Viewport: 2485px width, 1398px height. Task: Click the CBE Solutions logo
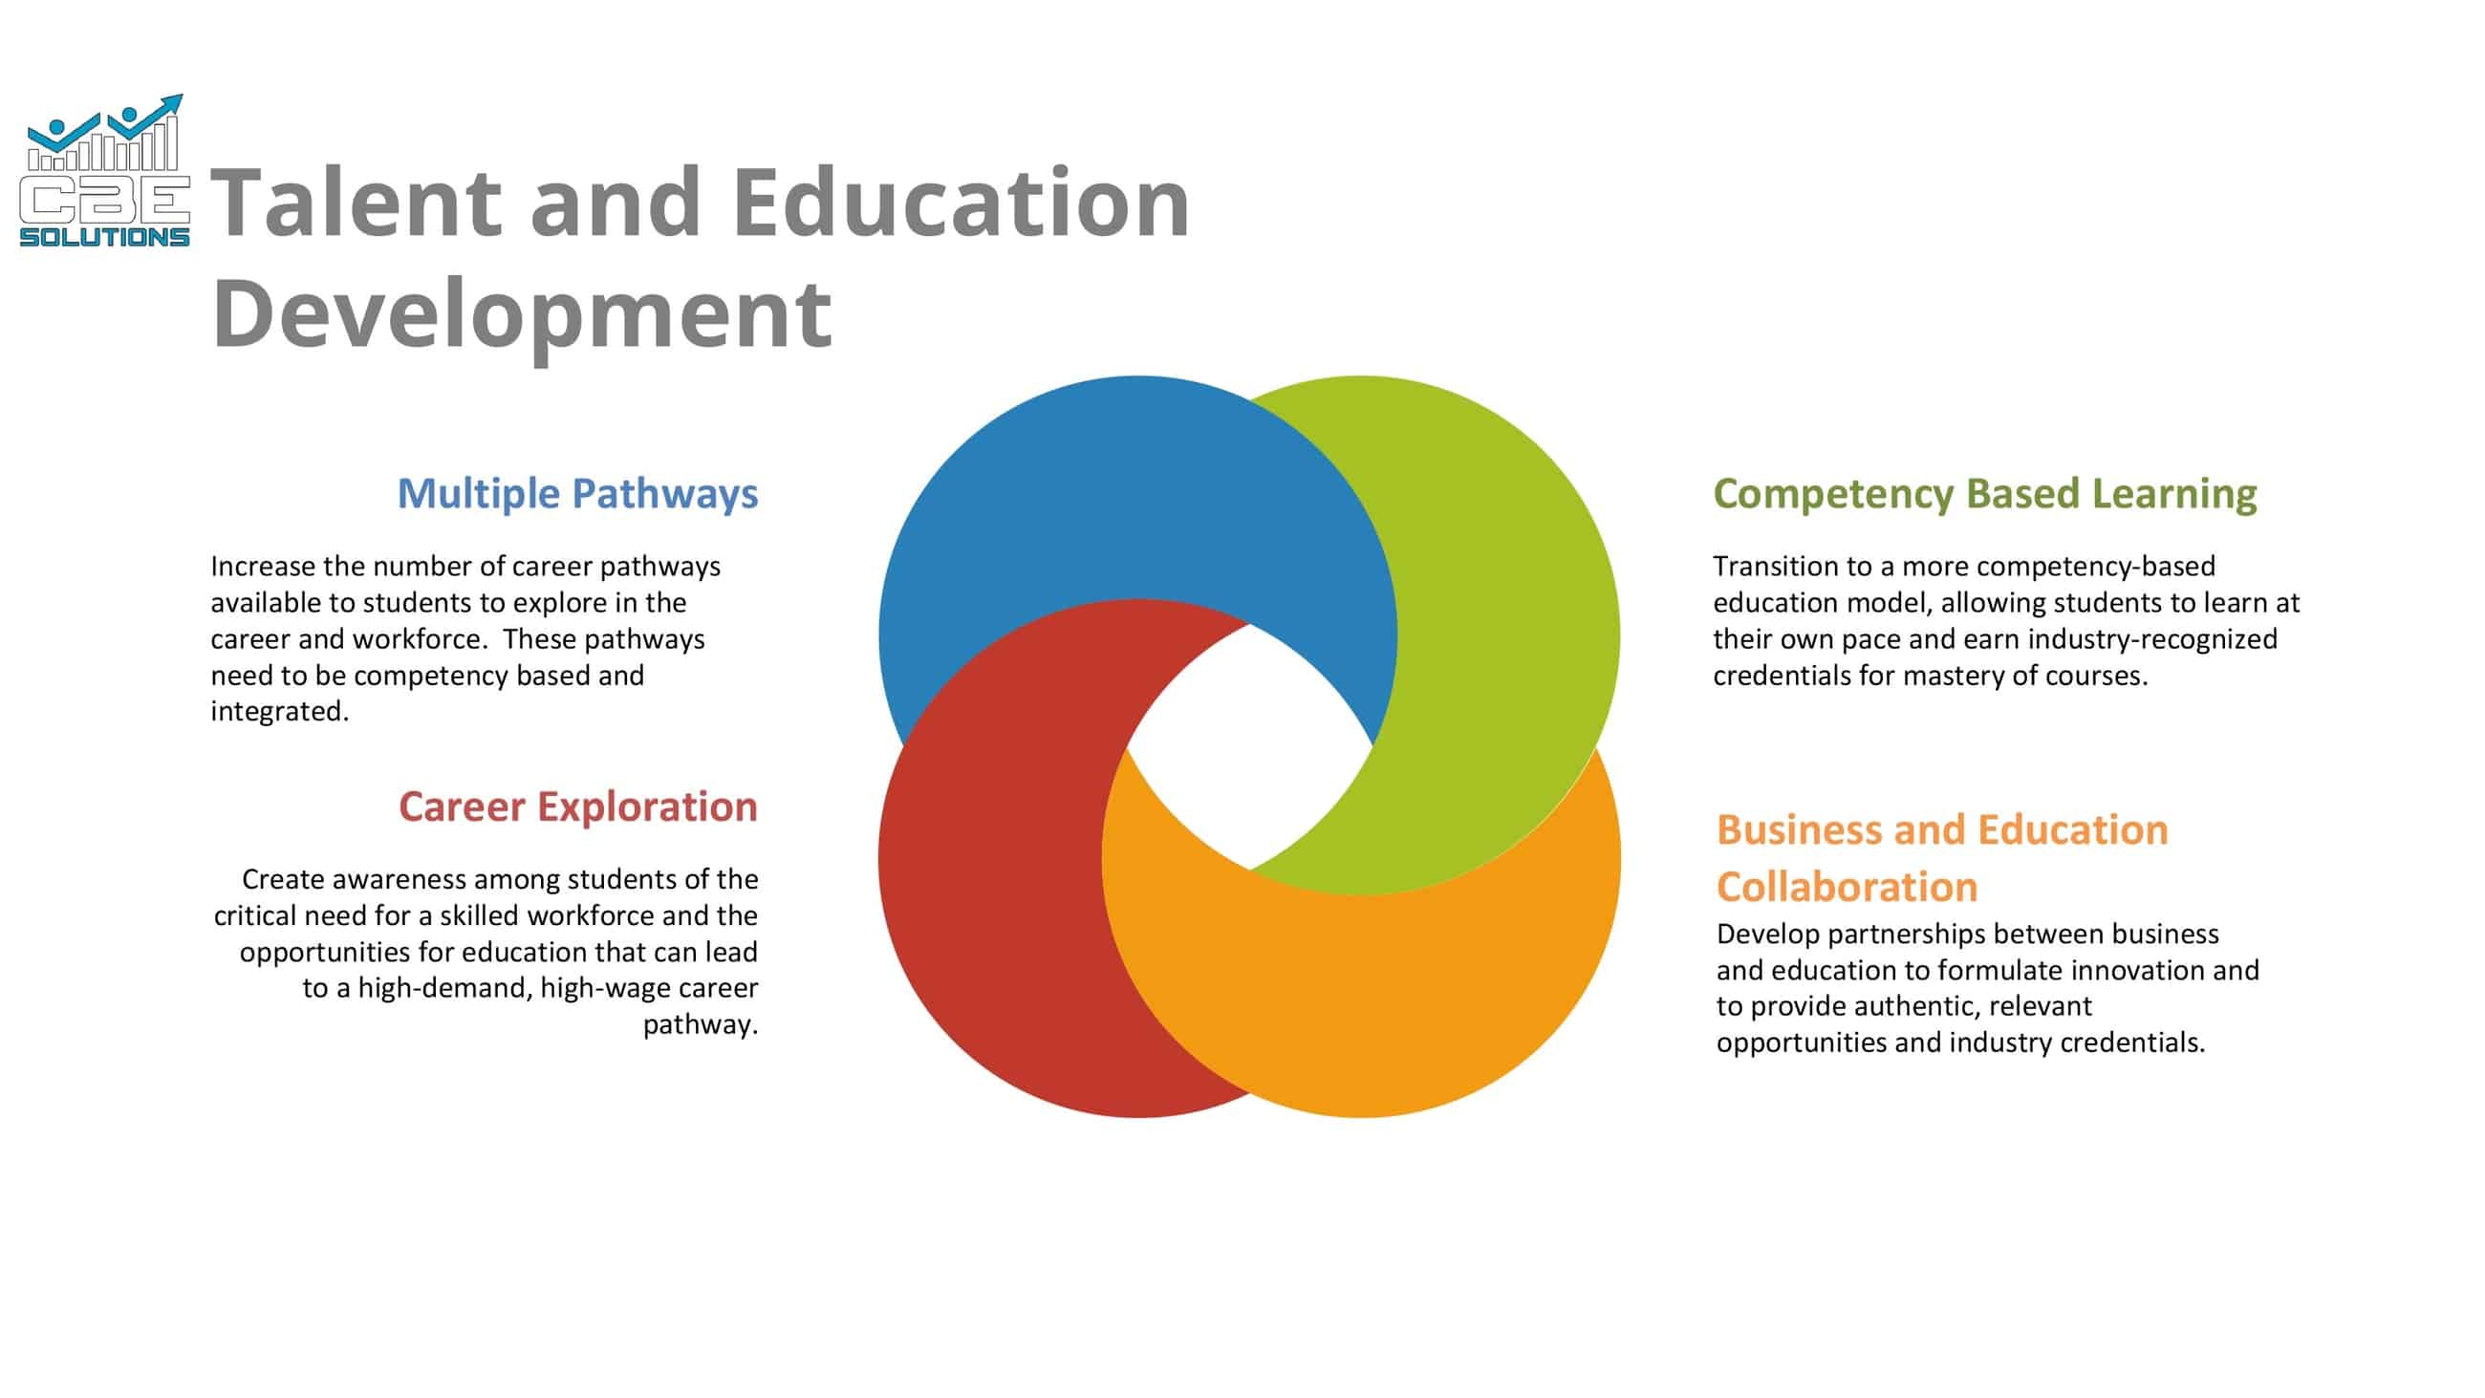[104, 174]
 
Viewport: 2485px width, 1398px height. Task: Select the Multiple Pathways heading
[577, 493]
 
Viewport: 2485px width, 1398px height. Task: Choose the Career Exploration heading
[577, 807]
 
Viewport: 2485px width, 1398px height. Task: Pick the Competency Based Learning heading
[1984, 493]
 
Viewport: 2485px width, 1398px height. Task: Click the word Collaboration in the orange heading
[1847, 887]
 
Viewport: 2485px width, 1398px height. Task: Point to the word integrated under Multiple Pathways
[279, 712]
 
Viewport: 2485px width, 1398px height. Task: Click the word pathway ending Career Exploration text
[700, 1024]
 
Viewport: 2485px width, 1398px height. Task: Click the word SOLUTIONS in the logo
[104, 237]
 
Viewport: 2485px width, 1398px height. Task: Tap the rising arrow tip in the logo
[177, 98]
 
